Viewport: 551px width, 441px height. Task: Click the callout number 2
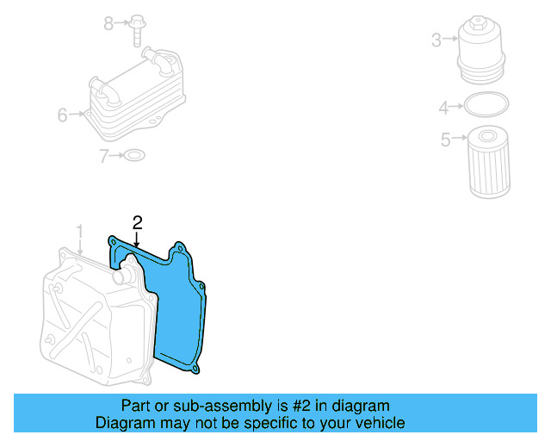(x=137, y=223)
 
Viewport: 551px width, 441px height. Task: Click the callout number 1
(x=79, y=232)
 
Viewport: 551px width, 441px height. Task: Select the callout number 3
(x=436, y=40)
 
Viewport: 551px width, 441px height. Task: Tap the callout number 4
(x=444, y=108)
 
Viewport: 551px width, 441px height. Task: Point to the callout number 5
(x=445, y=140)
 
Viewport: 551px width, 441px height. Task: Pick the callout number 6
(x=62, y=115)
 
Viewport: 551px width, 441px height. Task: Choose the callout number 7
(x=103, y=156)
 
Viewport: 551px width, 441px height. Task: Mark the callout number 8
(x=108, y=23)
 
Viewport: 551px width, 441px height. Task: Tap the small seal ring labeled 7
(x=134, y=156)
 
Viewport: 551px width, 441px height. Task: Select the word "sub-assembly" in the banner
(x=219, y=406)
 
